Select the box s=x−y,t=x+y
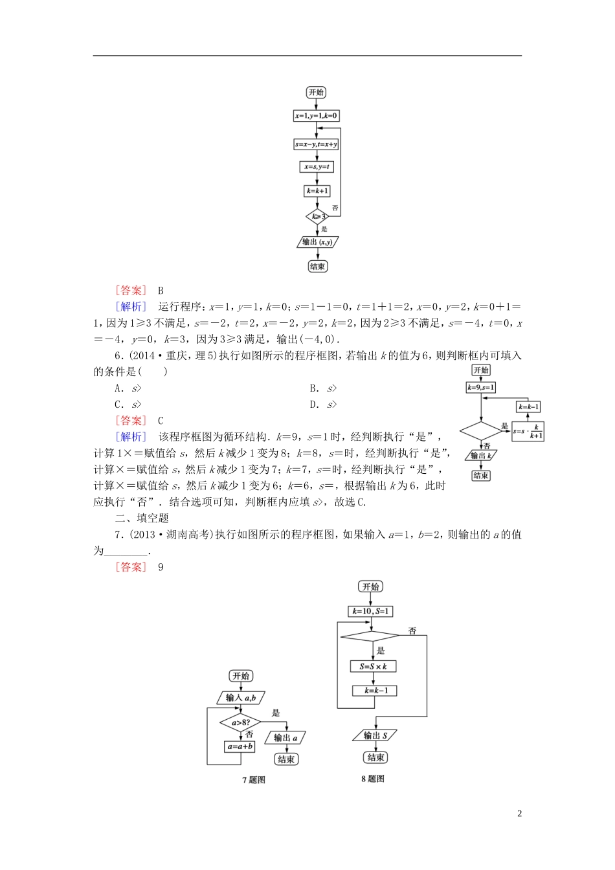[x=316, y=144]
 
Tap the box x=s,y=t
[x=317, y=167]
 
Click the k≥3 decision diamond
[x=317, y=216]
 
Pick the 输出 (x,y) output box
[x=317, y=242]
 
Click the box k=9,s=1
[x=481, y=388]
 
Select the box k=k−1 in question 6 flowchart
[x=528, y=407]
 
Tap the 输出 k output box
[x=481, y=456]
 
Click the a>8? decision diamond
[x=241, y=722]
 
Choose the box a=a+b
[x=240, y=746]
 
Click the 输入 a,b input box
[x=241, y=698]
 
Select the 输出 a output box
[x=285, y=738]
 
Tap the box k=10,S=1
[x=371, y=611]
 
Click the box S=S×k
[x=373, y=666]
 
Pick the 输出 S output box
[x=375, y=735]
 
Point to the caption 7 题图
[x=254, y=780]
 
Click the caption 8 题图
[x=373, y=779]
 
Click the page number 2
[x=519, y=814]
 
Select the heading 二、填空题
[x=142, y=519]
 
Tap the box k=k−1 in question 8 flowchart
[x=375, y=691]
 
